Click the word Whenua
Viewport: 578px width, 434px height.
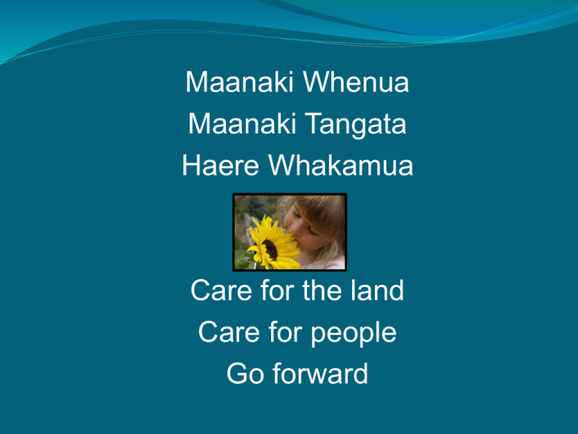pyautogui.click(x=356, y=81)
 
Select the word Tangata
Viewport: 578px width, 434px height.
pyautogui.click(x=356, y=125)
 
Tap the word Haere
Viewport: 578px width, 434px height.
pyautogui.click(x=221, y=165)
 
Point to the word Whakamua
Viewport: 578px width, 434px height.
pyautogui.click(x=341, y=165)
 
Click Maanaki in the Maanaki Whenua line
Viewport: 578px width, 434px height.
pyautogui.click(x=239, y=81)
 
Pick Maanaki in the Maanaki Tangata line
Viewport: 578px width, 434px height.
pyautogui.click(x=242, y=124)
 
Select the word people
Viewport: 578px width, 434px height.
pyautogui.click(x=354, y=333)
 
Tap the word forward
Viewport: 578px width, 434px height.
pyautogui.click(x=321, y=374)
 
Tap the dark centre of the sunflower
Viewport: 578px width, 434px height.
pyautogui.click(x=270, y=249)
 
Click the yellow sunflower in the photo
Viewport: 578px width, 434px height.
pyautogui.click(x=272, y=243)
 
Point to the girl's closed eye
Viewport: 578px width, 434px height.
pyautogui.click(x=310, y=231)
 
